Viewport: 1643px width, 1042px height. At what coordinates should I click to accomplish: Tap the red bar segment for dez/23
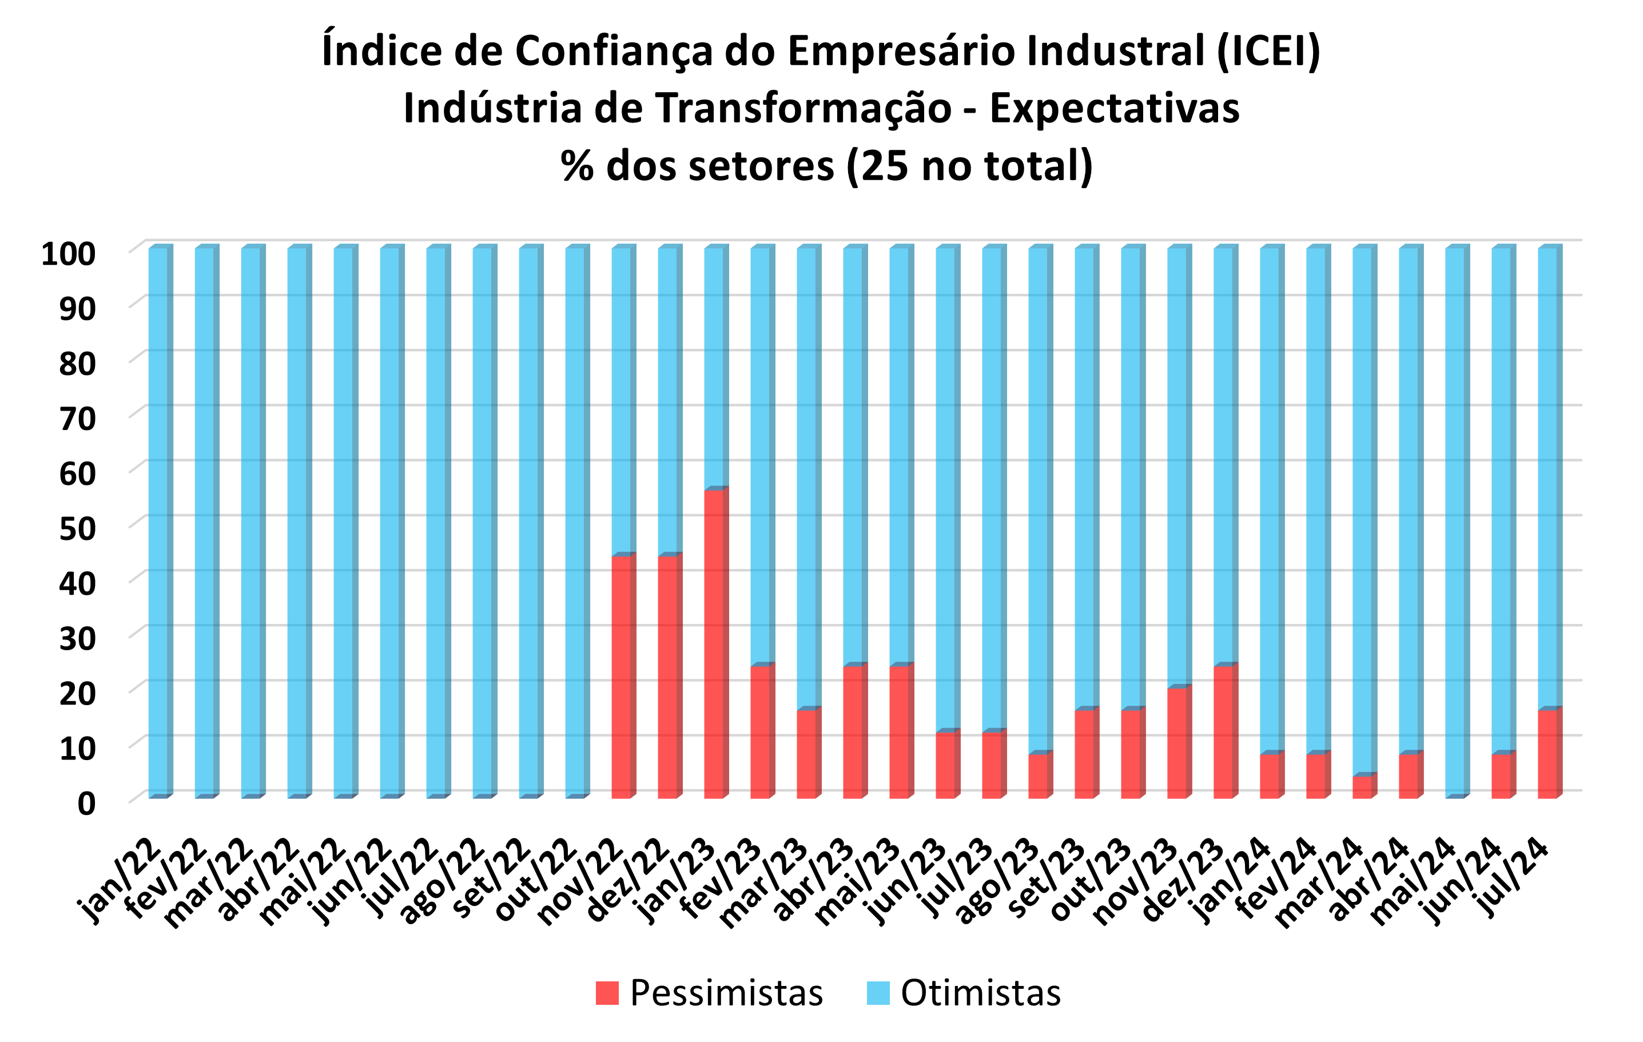tap(1223, 731)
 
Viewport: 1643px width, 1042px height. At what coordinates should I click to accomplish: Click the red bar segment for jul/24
tap(1547, 753)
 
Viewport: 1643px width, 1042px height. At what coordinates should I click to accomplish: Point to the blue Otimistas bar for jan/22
tap(158, 522)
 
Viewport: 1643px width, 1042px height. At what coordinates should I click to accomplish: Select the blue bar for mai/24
tap(1455, 522)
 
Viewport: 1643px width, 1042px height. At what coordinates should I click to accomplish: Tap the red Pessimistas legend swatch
tap(607, 993)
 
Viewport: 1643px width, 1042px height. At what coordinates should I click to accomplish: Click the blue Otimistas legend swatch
tap(878, 993)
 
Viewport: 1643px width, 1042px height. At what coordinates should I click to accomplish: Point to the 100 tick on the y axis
tap(68, 254)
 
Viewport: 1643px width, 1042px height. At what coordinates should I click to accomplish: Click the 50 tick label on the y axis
tap(77, 529)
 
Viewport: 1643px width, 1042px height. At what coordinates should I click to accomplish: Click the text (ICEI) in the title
tap(1268, 51)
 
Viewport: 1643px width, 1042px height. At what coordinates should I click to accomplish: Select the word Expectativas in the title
tap(1114, 109)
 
